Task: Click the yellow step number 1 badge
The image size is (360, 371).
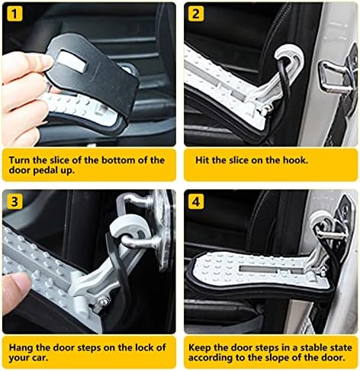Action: click(x=14, y=14)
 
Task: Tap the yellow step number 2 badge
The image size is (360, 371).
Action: click(x=196, y=14)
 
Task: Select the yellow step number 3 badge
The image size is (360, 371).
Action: click(x=14, y=202)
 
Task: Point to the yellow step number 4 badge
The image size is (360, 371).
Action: click(x=196, y=202)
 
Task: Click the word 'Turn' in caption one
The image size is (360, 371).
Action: click(x=20, y=160)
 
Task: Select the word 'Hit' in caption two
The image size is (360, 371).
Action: click(x=202, y=160)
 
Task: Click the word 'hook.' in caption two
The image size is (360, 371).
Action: click(x=295, y=160)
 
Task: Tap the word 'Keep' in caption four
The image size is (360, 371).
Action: click(x=200, y=347)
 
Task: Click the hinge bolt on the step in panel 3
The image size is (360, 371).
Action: click(x=104, y=302)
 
